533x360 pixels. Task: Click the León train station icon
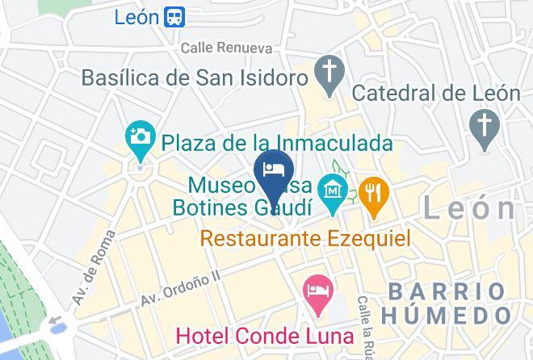click(174, 16)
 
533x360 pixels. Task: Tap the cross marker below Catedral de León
click(483, 128)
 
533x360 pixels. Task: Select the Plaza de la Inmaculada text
click(277, 143)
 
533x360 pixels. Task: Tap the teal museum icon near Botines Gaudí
click(333, 191)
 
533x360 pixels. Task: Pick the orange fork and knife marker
click(374, 194)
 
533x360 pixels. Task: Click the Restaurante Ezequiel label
click(305, 239)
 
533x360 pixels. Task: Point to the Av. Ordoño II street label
click(180, 288)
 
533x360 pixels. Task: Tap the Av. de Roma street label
click(90, 279)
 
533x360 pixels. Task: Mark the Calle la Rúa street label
click(367, 327)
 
